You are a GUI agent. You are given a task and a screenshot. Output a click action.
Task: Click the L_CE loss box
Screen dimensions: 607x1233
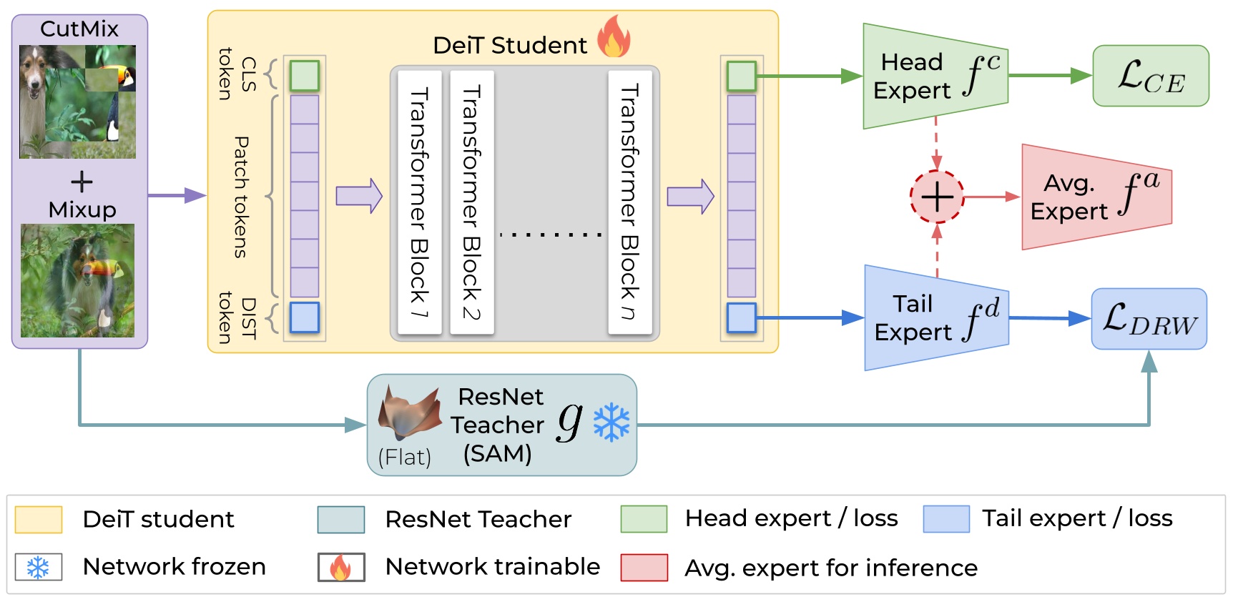coord(1150,76)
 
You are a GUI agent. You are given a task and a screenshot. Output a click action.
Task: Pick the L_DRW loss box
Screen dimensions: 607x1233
coord(1149,319)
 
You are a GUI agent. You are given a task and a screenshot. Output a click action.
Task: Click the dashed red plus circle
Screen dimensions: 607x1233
coord(937,197)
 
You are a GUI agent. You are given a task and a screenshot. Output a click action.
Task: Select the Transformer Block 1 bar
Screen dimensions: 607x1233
coord(419,202)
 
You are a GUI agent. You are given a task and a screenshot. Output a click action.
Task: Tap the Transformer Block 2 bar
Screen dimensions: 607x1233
coord(472,202)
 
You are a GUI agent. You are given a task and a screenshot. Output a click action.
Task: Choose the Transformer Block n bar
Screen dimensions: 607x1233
coord(629,202)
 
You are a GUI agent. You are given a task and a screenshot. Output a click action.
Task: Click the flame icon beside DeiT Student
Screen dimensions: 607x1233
coord(614,37)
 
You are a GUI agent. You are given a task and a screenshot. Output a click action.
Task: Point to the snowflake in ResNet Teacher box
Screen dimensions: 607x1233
coord(611,423)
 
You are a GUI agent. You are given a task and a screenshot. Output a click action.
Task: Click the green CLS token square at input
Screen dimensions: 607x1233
coord(304,76)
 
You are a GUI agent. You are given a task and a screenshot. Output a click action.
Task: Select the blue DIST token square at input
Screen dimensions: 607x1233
coord(304,317)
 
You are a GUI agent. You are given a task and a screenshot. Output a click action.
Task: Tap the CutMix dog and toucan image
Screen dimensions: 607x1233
coord(77,102)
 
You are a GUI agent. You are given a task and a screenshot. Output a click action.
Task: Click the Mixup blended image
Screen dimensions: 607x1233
coord(77,281)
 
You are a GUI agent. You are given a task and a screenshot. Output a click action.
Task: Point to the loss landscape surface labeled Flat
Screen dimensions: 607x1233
coord(409,413)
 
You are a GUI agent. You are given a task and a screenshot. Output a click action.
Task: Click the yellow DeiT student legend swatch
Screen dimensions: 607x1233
coord(39,520)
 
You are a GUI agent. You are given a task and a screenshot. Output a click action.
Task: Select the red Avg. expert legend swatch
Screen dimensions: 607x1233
coord(644,568)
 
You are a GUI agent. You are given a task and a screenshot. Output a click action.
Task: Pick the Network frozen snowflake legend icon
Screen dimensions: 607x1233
coord(39,568)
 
